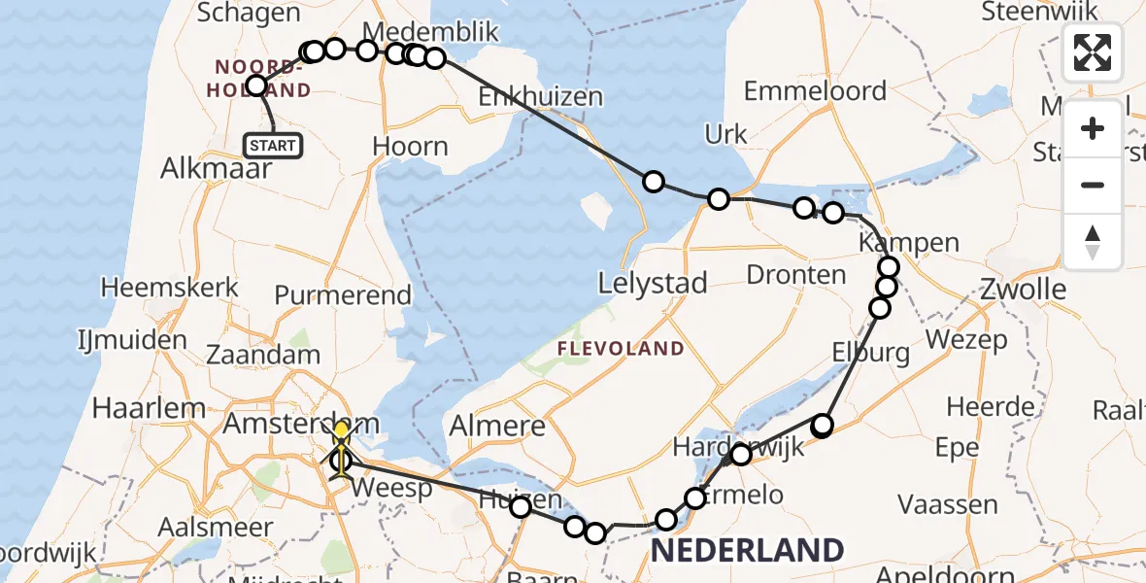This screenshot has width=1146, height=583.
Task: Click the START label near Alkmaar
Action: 273,146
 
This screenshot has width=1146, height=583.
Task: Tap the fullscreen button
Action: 1093,52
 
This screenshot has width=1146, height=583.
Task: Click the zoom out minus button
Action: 1093,185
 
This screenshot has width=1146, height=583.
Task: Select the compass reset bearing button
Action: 1093,241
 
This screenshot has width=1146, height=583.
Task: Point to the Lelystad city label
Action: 652,285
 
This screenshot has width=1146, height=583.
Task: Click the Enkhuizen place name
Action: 540,97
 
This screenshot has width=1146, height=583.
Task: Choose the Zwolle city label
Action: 1024,289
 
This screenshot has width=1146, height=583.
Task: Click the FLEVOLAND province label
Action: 620,349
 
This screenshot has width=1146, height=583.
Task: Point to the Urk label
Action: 726,135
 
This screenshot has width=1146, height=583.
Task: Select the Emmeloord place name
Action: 815,91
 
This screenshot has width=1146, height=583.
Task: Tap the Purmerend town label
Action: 330,294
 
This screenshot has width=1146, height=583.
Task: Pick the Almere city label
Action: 497,426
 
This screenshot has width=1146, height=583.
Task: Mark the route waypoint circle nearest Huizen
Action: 521,506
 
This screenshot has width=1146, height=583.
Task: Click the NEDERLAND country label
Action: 746,550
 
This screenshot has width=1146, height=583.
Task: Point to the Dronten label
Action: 796,275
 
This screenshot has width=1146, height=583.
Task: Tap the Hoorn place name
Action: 411,147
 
